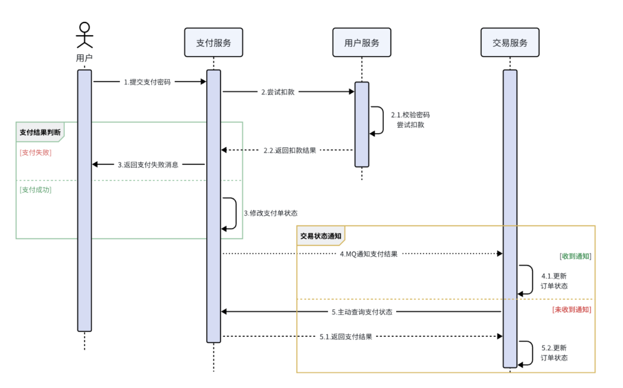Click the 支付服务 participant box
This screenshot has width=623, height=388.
214,43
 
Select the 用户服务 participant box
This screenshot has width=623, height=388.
361,43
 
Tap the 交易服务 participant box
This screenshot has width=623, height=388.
510,43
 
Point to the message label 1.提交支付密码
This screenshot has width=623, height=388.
147,81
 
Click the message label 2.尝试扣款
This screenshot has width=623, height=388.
278,92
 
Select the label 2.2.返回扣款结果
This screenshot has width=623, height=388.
290,150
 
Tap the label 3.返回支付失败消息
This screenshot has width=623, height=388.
148,164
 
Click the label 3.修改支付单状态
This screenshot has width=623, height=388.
270,213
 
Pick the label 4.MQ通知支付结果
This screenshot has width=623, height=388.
369,254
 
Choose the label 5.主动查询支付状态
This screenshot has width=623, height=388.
362,312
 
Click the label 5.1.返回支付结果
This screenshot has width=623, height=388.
346,336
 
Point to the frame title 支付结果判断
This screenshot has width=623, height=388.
40,132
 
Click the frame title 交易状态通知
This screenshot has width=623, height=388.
321,235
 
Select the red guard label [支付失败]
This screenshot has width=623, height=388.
35,153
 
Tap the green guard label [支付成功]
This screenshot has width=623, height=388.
35,190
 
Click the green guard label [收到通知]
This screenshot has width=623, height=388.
575,256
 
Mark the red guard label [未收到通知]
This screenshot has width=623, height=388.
571,310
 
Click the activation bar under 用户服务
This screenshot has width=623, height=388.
362,124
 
